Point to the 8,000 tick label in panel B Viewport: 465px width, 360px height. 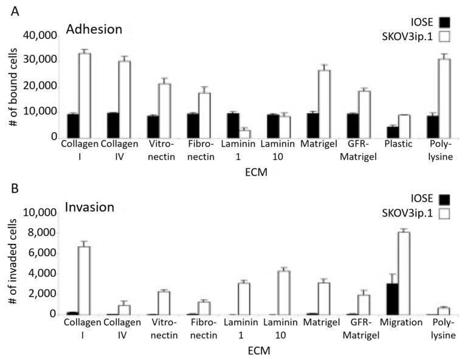pos(43,233)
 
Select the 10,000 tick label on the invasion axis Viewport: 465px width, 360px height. pos(41,213)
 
